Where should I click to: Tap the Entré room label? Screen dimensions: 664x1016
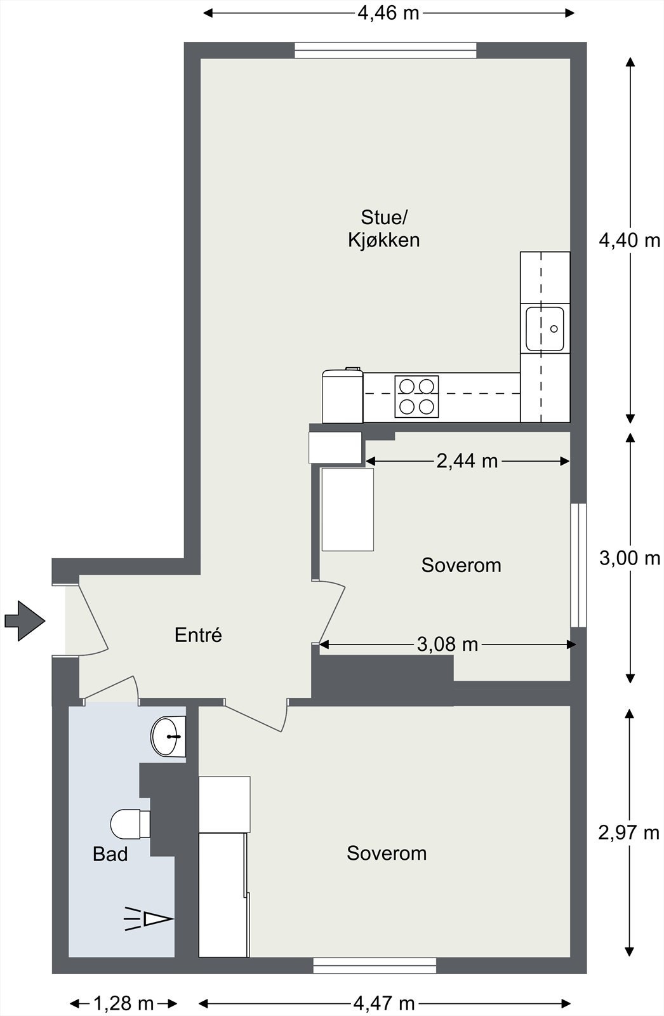tap(198, 635)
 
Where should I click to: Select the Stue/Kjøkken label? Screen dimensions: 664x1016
tap(383, 229)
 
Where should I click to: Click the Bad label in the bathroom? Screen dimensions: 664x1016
tap(110, 854)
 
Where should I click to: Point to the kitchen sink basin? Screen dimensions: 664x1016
tap(545, 330)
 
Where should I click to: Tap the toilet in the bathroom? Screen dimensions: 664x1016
tap(130, 824)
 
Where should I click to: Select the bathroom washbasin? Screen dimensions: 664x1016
tap(168, 737)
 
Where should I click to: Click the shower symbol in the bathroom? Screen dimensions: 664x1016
tap(149, 919)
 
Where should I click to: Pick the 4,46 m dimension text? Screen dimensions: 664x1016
tap(388, 13)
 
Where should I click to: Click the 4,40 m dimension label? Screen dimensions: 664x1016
tap(630, 240)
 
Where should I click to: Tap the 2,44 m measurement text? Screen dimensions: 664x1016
tap(467, 461)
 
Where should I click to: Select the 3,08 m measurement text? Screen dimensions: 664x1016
tap(447, 644)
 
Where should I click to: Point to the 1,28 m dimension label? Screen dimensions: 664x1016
tap(124, 1003)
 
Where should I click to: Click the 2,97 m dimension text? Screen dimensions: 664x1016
tap(628, 832)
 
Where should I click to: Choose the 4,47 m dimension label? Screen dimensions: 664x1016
tap(384, 1003)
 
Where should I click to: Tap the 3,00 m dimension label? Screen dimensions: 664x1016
tap(630, 558)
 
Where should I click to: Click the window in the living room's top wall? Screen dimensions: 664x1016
tap(385, 50)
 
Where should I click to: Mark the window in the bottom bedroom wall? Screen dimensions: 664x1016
tap(375, 966)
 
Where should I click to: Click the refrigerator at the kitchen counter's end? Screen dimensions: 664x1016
tap(342, 396)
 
